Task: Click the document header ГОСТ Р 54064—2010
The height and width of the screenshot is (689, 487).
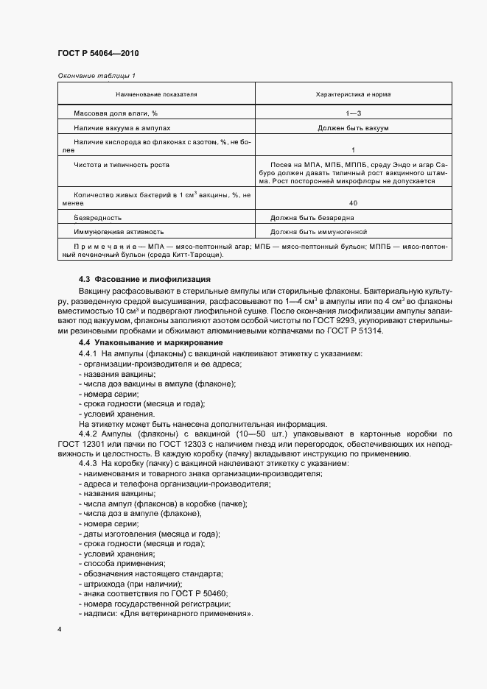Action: pyautogui.click(x=97, y=54)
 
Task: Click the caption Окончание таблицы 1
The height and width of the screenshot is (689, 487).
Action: pyautogui.click(x=96, y=75)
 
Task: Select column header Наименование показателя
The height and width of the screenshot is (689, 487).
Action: pyautogui.click(x=156, y=95)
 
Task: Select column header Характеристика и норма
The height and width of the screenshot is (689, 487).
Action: pyautogui.click(x=353, y=95)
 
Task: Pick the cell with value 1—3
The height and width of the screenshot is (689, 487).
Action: pyautogui.click(x=353, y=113)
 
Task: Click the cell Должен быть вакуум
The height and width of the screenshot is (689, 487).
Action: pyautogui.click(x=353, y=128)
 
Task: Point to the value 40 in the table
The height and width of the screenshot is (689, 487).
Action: pyautogui.click(x=353, y=202)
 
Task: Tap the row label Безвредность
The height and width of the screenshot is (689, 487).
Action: pyautogui.click(x=98, y=219)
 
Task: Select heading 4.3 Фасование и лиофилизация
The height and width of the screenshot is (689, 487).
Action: pyautogui.click(x=145, y=280)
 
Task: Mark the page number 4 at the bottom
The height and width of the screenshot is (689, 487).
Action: pyautogui.click(x=60, y=630)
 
